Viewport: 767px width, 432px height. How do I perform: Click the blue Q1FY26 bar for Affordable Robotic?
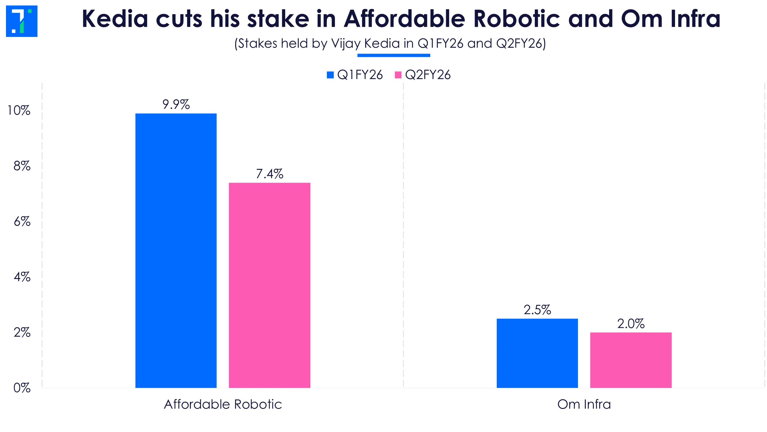(x=176, y=250)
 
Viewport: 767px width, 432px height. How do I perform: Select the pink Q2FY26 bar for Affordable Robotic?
(x=269, y=285)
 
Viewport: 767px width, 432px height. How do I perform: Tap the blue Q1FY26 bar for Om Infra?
(x=537, y=353)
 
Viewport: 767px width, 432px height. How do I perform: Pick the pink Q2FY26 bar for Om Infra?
(x=631, y=360)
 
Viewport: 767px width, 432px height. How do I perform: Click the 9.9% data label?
(x=176, y=104)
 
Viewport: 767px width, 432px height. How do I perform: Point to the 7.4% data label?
(x=269, y=174)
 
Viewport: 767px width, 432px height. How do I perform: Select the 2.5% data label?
(x=537, y=310)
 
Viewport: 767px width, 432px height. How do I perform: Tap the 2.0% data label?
(x=631, y=323)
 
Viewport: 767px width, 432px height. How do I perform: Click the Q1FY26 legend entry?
(x=355, y=75)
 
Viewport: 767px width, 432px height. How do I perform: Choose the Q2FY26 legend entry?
(x=423, y=75)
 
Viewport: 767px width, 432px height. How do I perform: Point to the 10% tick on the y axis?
(x=19, y=110)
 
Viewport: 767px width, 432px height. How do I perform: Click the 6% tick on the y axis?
(x=22, y=221)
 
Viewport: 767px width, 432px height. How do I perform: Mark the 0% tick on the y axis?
(x=22, y=388)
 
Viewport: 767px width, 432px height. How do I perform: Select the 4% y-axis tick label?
(x=22, y=277)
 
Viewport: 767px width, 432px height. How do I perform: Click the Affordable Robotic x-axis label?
(x=223, y=404)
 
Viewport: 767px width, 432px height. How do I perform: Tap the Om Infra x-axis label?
(x=584, y=404)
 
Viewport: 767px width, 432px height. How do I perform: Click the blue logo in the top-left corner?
(x=22, y=21)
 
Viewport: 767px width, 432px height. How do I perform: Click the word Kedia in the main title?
(x=115, y=19)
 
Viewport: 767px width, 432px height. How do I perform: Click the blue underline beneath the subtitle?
(x=393, y=55)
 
